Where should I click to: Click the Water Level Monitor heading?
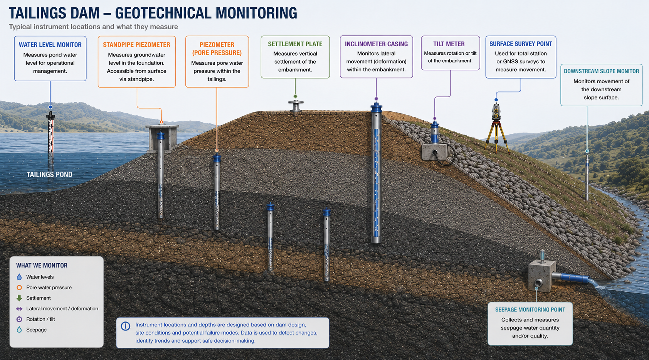point(50,45)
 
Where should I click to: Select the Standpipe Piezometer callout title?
point(136,45)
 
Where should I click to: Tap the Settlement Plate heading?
point(295,44)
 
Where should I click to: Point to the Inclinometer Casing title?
point(376,44)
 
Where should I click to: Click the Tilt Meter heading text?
point(449,44)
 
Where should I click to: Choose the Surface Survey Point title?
point(521,44)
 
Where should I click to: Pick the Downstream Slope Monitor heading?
point(601,71)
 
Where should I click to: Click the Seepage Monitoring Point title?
point(530,310)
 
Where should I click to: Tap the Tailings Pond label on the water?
point(50,175)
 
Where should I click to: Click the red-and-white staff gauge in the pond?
point(51,134)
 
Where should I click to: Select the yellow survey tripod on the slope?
point(497,136)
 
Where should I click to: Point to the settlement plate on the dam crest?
point(296,106)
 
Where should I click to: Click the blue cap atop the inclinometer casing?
point(377,107)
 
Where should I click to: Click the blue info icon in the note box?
point(126,326)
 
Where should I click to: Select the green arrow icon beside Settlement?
point(19,298)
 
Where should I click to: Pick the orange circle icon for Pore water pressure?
point(19,288)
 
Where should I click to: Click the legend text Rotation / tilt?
point(40,319)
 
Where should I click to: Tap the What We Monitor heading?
point(42,266)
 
